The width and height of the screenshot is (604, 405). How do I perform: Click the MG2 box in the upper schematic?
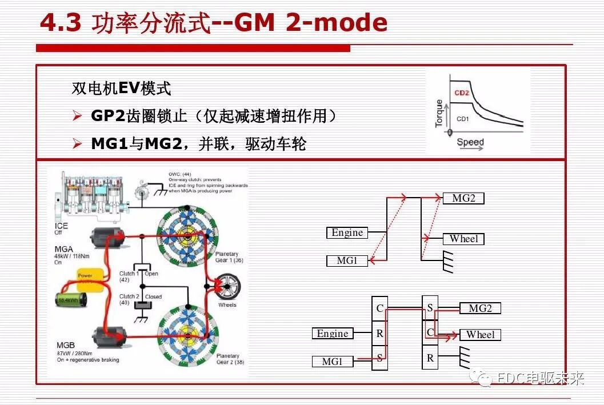coord(463,199)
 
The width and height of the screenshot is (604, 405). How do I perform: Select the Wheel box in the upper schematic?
coord(463,239)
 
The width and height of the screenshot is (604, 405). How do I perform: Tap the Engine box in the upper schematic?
coord(347,232)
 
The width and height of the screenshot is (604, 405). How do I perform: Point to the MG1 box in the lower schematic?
coord(333,362)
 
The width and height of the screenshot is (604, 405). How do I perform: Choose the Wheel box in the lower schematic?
coord(479,335)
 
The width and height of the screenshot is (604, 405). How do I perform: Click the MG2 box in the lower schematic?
coord(479,308)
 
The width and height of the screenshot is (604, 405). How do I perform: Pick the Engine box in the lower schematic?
coord(333,334)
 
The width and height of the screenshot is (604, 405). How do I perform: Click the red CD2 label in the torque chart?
coord(461,93)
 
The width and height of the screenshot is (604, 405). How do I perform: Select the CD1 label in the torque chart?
coord(462,119)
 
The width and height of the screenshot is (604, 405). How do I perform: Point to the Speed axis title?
coord(470,142)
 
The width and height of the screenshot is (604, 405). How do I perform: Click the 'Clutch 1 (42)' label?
coord(127,276)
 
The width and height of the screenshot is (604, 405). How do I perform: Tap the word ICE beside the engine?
coord(62,226)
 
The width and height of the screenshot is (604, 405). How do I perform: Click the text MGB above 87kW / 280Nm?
coord(65,346)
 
